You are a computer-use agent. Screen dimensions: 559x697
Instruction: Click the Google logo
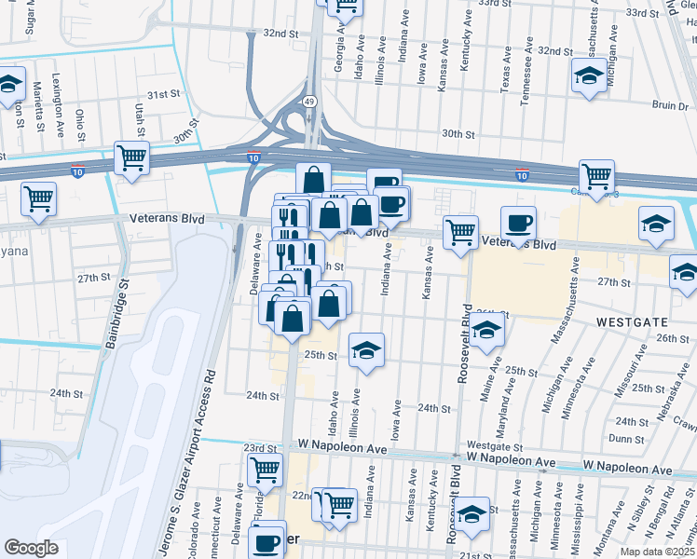click(32, 547)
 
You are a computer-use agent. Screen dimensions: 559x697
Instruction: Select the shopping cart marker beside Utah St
click(132, 157)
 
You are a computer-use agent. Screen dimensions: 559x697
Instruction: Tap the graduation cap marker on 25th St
click(366, 350)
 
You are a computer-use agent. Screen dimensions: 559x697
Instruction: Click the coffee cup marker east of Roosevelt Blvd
click(518, 223)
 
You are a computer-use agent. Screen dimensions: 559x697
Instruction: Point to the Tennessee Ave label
click(527, 76)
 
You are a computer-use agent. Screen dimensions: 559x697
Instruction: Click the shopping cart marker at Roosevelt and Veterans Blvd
click(460, 232)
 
